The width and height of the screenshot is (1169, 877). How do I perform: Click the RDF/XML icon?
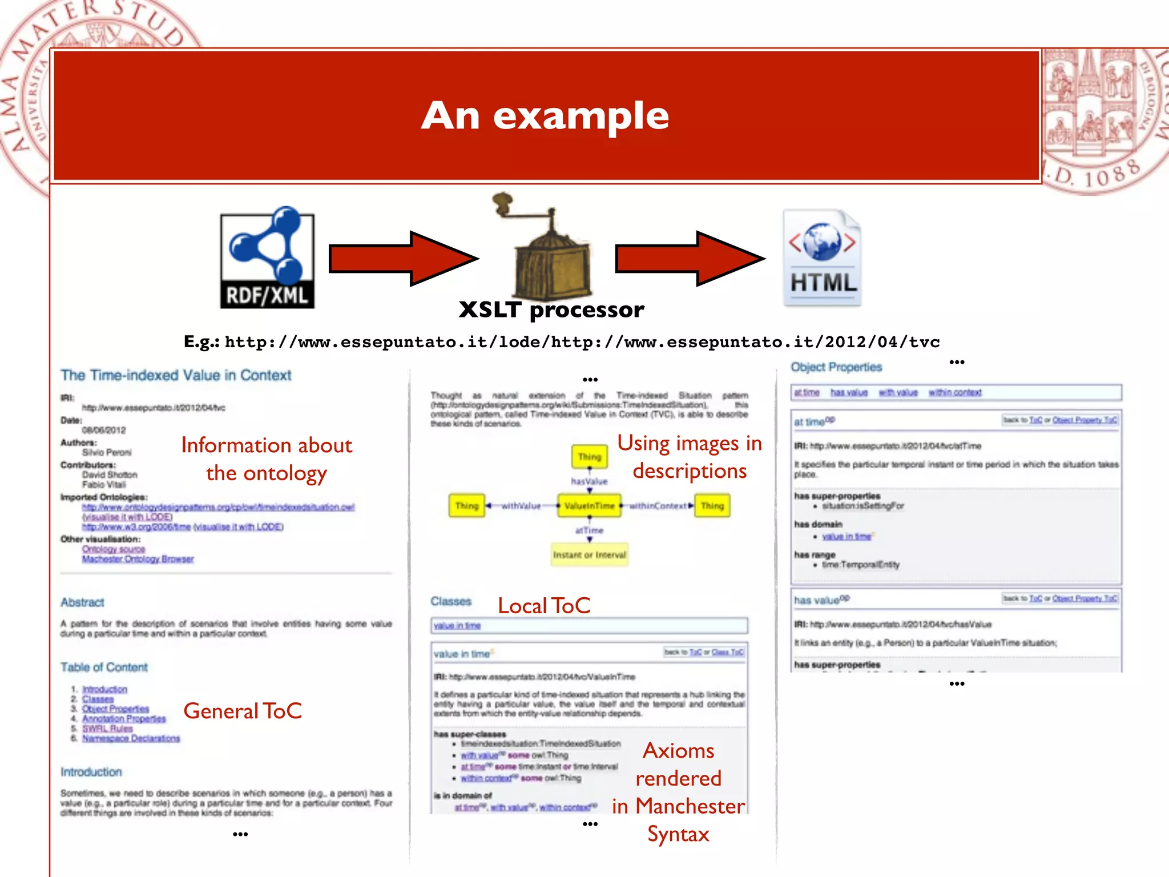coord(267,259)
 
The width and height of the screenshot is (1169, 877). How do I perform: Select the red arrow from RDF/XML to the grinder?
coord(402,259)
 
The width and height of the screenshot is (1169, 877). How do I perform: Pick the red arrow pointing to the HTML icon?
coord(689,259)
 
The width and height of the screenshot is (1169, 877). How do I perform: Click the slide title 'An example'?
coord(545,115)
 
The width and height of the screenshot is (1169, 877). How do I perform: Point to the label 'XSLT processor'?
coord(551,310)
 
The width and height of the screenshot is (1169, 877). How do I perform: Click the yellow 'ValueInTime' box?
coord(590,506)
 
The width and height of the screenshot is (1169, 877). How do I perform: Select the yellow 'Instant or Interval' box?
coord(590,554)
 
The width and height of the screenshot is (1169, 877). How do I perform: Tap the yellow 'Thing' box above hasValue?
coord(590,457)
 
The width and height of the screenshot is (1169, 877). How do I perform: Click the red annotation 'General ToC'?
coord(243,711)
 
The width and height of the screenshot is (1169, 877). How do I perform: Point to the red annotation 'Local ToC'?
coord(544,606)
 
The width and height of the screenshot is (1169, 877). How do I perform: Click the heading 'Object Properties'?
coord(836,367)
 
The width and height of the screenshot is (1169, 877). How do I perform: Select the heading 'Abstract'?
coord(83,602)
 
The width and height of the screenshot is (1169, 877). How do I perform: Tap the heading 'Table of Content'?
coord(104,667)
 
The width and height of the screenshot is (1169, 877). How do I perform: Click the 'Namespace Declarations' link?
coord(131,738)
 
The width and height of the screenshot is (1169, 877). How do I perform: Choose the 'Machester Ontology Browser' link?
coord(138,559)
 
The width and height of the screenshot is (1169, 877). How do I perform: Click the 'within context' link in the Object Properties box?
coord(955,392)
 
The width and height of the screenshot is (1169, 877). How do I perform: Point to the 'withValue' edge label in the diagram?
coord(521,506)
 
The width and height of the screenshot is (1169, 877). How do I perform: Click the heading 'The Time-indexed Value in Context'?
coord(176,375)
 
